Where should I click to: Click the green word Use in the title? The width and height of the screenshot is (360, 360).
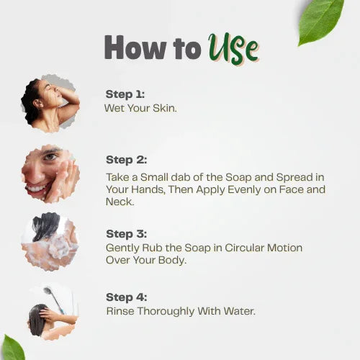233,48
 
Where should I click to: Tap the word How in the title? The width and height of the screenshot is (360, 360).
135,47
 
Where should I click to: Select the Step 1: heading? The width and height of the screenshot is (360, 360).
125,94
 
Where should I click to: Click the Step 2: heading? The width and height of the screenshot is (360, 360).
126,160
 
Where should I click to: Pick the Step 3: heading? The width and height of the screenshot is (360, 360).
126,234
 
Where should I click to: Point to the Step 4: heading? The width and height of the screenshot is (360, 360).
126,297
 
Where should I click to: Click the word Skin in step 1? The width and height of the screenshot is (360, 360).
164,108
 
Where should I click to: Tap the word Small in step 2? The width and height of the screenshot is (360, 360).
154,177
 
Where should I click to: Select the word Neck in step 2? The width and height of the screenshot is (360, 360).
120,202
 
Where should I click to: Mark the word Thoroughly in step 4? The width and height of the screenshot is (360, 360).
166,312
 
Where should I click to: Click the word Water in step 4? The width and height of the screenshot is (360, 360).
239,311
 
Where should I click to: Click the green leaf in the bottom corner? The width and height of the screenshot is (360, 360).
12,348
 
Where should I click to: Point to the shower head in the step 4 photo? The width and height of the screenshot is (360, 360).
48,291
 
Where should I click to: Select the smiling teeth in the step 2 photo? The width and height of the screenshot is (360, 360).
37,188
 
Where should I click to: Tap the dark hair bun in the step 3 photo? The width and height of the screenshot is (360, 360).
45,226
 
